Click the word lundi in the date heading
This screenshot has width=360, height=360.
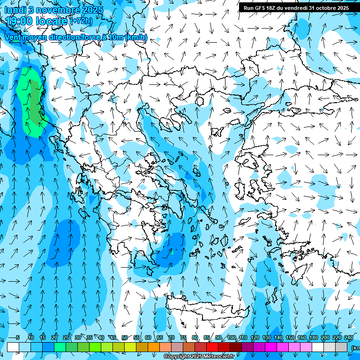tap(15, 10)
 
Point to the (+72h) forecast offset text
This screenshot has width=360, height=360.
tap(81, 21)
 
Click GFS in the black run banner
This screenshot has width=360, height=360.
tap(262, 8)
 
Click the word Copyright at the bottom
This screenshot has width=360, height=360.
tap(176, 357)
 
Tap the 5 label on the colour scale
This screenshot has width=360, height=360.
tap(18, 337)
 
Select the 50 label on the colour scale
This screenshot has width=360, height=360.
tap(124, 337)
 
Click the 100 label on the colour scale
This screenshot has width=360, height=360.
tap(232, 337)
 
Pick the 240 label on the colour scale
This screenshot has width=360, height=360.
tap(348, 337)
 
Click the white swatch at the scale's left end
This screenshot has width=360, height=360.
tap(13, 347)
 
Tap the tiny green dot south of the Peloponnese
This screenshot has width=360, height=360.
tap(172, 253)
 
